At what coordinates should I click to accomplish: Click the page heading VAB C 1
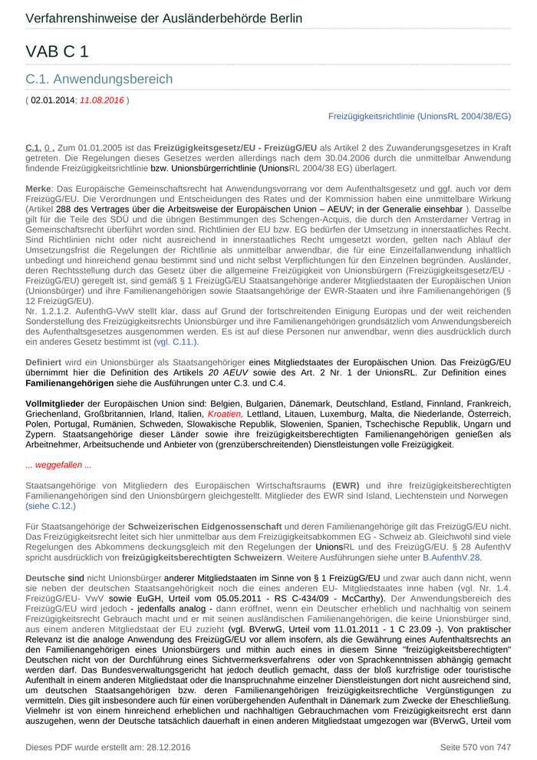57,51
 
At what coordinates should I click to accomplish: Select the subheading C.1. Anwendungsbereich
99,79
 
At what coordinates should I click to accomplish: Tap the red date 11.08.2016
102,101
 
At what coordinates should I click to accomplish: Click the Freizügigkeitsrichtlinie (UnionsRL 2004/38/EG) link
419,116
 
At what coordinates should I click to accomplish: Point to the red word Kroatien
225,414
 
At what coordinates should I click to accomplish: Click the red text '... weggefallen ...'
58,465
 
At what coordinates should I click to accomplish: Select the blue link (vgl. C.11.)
176,342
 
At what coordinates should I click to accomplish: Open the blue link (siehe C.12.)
51,507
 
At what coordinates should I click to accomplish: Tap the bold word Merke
38,188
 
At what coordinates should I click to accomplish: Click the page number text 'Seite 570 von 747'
475,747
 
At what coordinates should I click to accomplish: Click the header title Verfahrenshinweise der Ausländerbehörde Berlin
163,18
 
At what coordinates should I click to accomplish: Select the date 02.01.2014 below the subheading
53,101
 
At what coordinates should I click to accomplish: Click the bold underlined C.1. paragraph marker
33,147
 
